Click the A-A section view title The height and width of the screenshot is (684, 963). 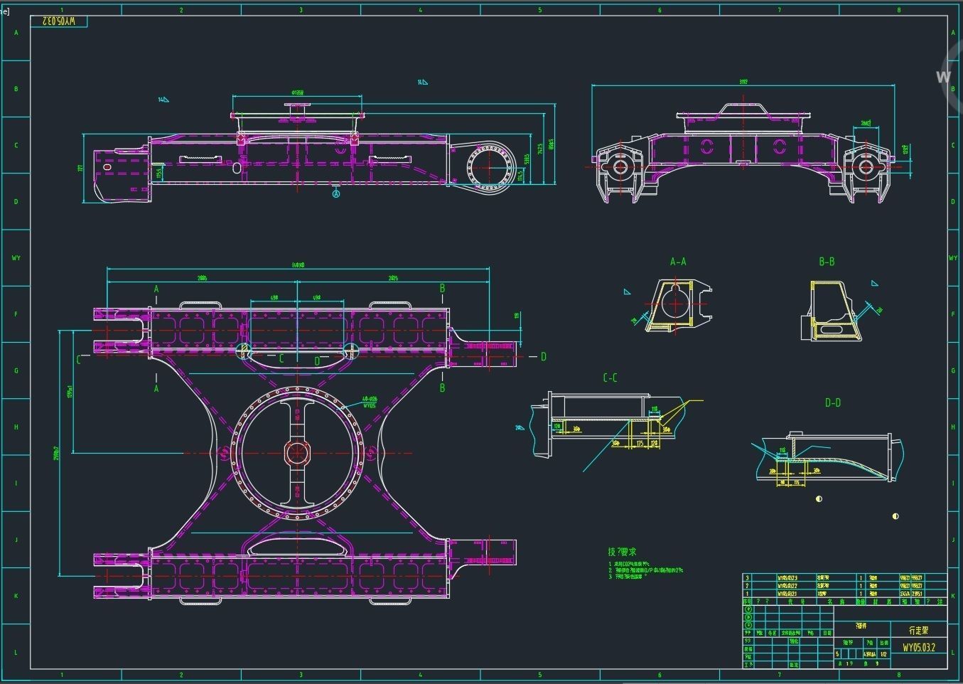(678, 262)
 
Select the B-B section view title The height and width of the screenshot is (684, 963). (827, 262)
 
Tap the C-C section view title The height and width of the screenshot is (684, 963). (610, 378)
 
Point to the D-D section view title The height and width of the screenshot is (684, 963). (832, 402)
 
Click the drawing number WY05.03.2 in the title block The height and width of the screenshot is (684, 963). (919, 648)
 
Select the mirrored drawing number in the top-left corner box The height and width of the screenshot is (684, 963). (63, 21)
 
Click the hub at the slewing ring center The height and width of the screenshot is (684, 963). (296, 453)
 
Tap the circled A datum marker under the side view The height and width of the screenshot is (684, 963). (336, 193)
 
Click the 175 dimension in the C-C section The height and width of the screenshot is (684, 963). (640, 443)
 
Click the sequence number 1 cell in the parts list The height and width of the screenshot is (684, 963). (747, 593)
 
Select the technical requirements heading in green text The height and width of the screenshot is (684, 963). (622, 552)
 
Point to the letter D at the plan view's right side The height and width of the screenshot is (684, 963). (544, 357)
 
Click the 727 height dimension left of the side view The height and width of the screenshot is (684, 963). (80, 169)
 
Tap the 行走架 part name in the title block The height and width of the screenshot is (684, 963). (919, 630)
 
